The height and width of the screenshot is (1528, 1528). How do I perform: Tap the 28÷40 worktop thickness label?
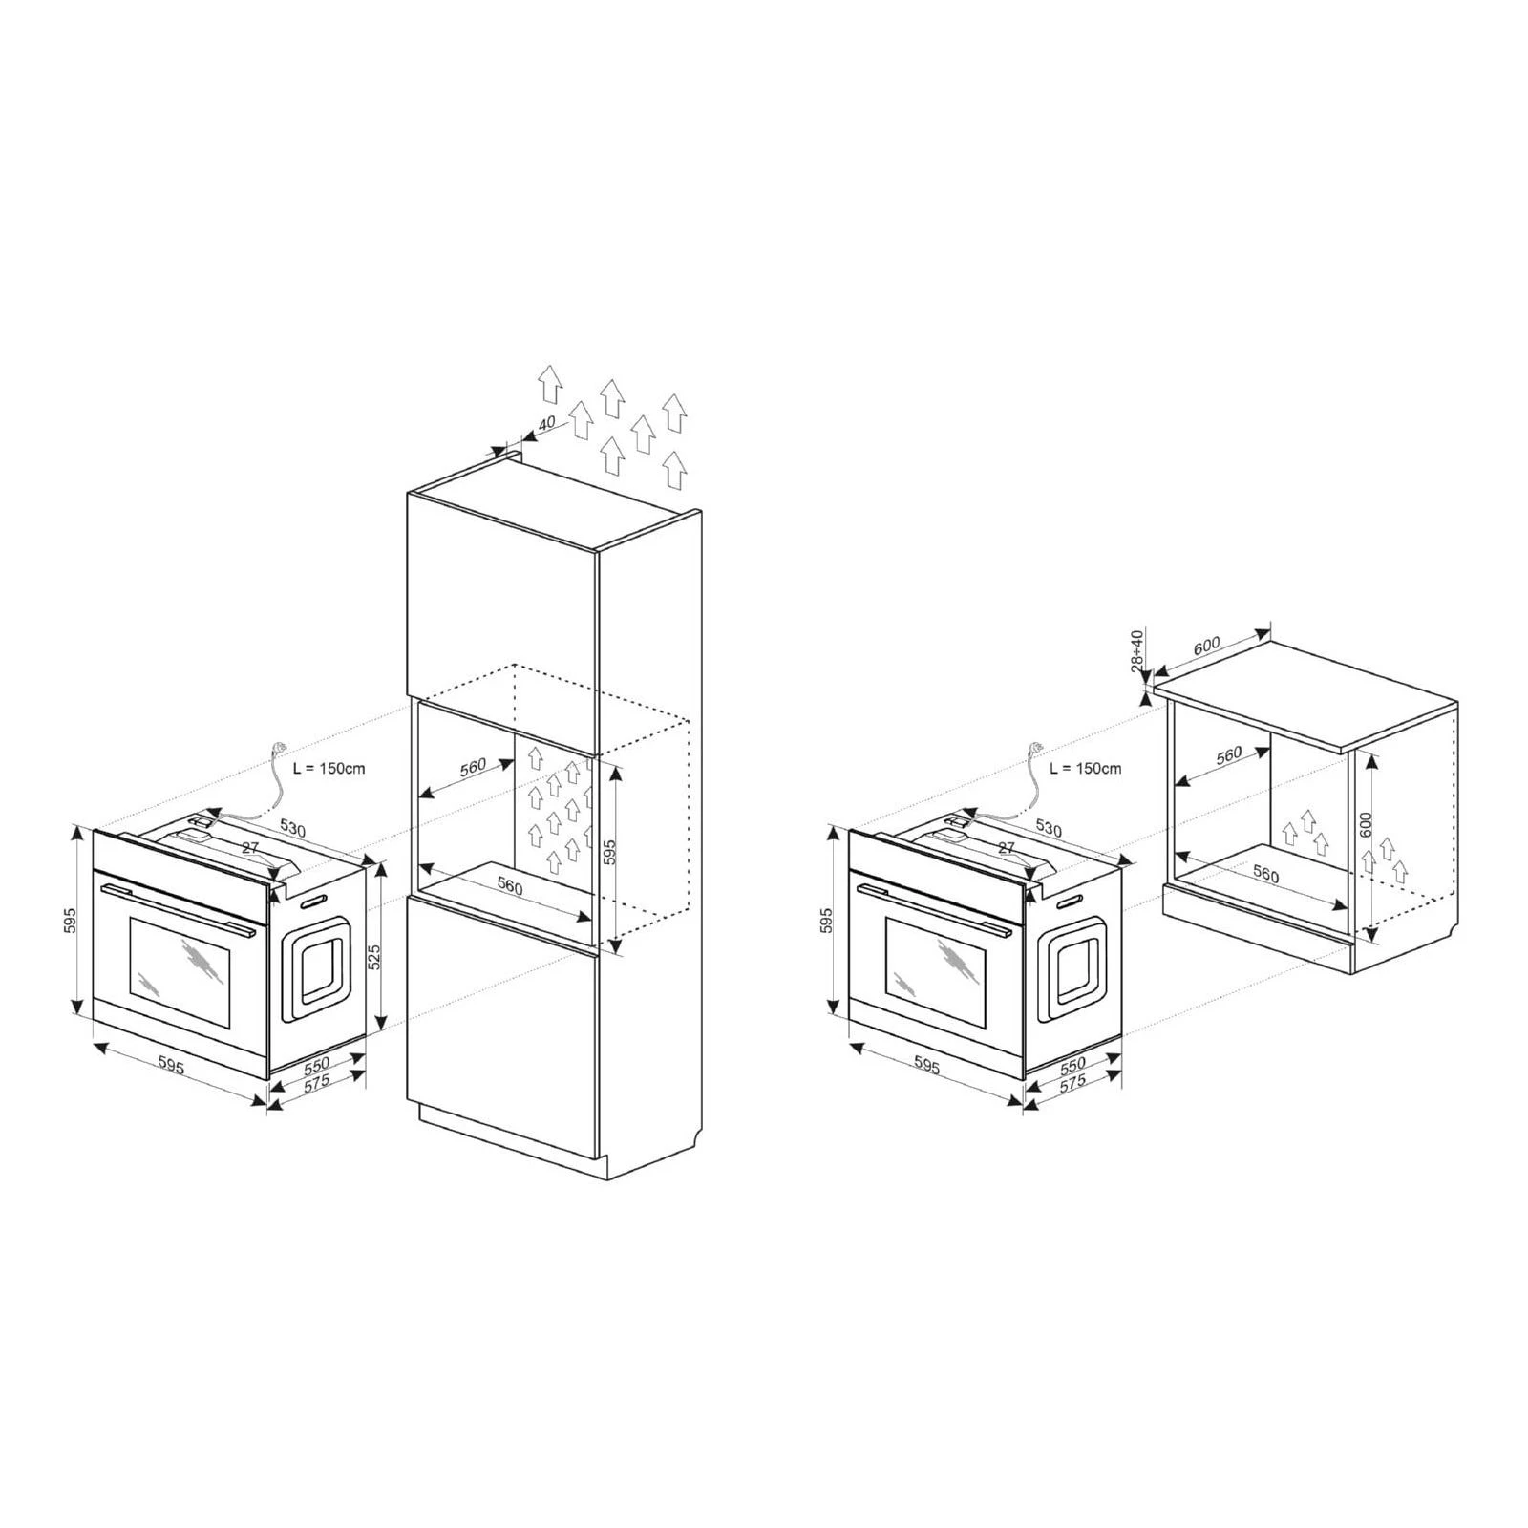pos(1137,651)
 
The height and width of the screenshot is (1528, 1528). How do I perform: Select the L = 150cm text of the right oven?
pos(1086,768)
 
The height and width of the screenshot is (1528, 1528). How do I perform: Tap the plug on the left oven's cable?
pos(280,749)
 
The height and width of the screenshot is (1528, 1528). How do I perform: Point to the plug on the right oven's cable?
pos(1035,749)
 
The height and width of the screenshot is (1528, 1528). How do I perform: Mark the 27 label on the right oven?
pos(1006,847)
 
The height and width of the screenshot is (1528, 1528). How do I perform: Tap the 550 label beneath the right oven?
pos(1072,1065)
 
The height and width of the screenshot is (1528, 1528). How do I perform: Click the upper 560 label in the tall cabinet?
pos(472,769)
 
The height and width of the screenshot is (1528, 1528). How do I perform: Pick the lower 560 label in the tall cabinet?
pos(510,886)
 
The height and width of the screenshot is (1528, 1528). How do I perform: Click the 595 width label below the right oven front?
pos(927,1065)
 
